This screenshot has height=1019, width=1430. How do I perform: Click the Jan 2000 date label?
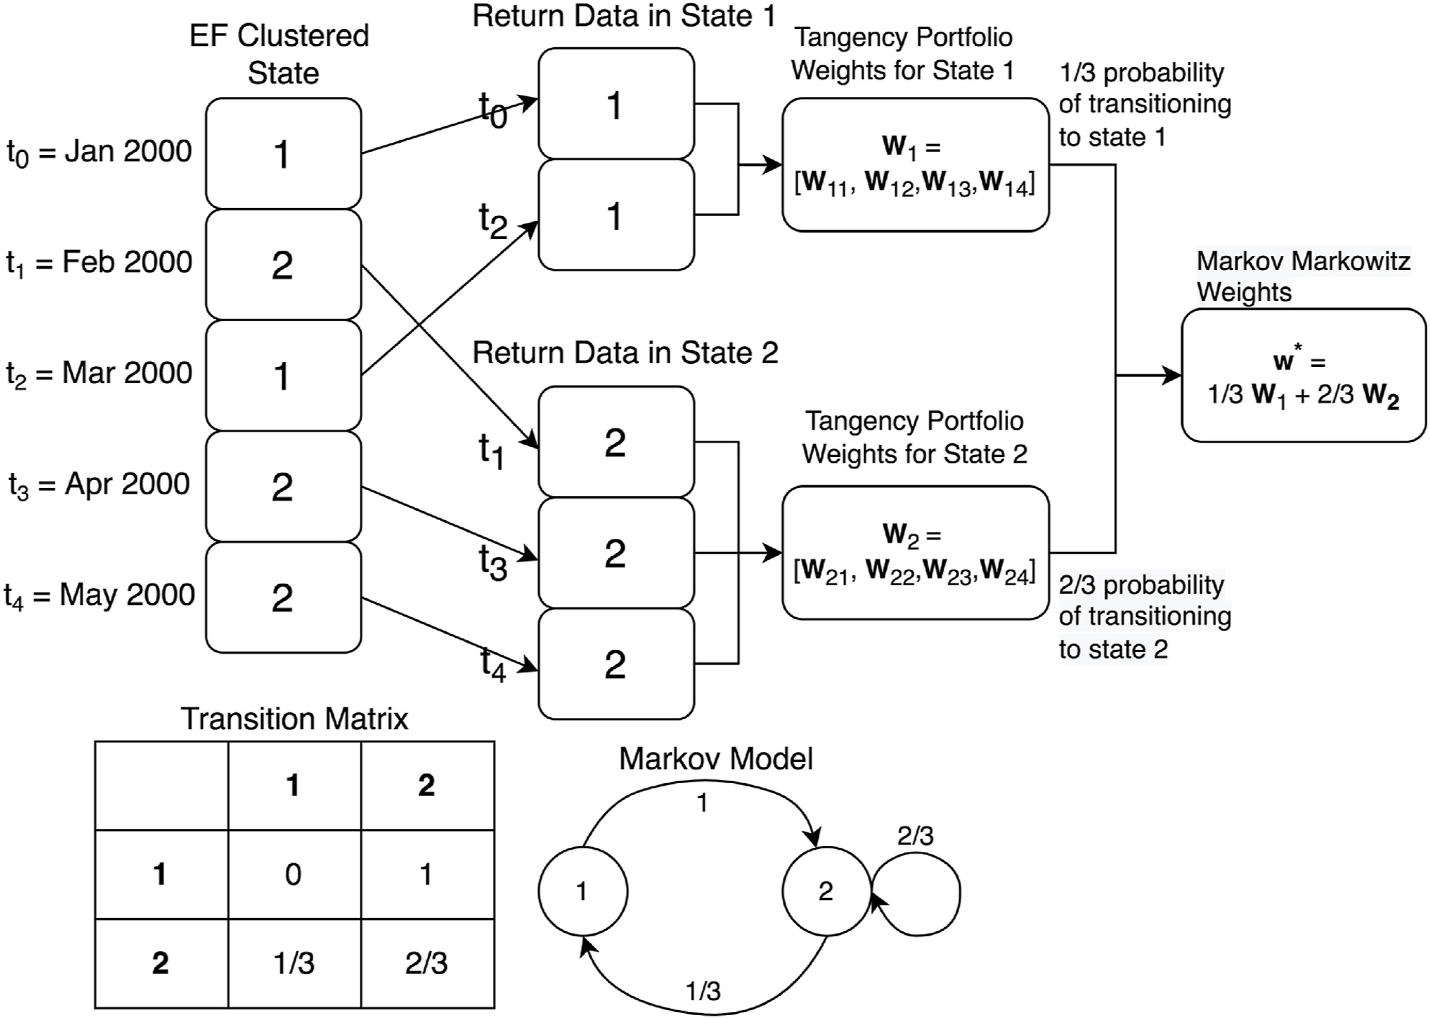99,152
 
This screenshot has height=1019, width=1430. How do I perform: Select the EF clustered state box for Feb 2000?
283,264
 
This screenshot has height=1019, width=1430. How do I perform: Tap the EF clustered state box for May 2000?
283,597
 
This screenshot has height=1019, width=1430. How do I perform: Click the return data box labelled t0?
616,103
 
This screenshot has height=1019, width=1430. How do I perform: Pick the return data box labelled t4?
616,664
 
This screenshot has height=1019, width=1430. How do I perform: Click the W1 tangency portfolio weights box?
915,165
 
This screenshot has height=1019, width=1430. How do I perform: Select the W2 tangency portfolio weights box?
915,552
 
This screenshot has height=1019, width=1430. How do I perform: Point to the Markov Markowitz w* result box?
1303,375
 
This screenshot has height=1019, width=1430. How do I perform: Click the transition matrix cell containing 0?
294,874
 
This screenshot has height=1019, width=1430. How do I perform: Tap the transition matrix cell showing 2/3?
426,963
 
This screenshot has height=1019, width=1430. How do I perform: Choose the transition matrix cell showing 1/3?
294,963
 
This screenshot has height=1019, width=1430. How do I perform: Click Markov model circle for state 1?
583,891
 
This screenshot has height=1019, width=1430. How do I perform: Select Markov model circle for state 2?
826,891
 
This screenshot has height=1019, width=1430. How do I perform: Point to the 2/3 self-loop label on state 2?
915,836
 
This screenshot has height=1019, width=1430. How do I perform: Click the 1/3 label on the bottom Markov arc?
703,991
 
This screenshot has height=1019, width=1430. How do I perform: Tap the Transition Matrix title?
295,719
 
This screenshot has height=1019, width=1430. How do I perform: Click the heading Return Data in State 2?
625,353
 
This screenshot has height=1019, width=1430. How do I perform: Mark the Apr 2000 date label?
99,485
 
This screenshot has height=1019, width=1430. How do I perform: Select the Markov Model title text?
716,759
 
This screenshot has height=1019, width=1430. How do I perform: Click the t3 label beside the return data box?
493,562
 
